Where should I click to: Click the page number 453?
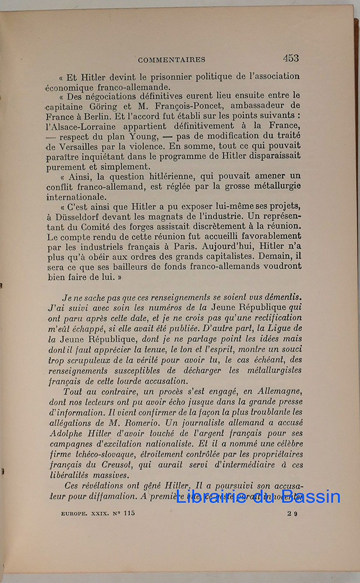[x=291, y=58]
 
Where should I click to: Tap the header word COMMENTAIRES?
[x=172, y=59]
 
